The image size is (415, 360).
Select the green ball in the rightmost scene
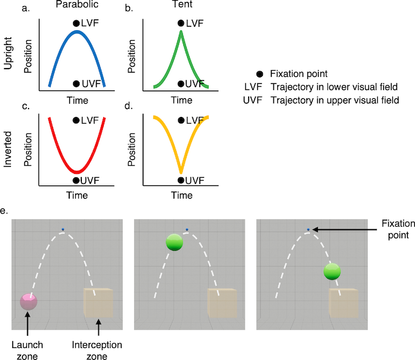[332, 273]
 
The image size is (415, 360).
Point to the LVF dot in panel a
[76, 24]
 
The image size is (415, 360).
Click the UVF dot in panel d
[181, 179]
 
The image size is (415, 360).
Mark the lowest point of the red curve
[77, 171]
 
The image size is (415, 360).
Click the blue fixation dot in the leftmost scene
[64, 229]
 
